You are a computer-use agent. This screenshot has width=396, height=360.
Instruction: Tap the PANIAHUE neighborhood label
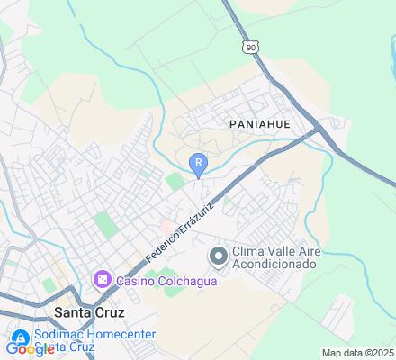click(259, 123)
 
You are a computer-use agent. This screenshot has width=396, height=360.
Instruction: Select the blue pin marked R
click(198, 163)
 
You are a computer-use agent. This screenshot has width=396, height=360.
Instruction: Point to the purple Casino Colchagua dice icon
click(102, 280)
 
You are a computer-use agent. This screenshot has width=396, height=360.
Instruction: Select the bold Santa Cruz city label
click(89, 311)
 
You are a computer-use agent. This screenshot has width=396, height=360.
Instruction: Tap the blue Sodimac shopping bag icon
click(18, 335)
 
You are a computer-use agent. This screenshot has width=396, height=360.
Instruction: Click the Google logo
click(30, 349)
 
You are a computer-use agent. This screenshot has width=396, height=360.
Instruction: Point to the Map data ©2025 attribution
click(357, 353)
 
